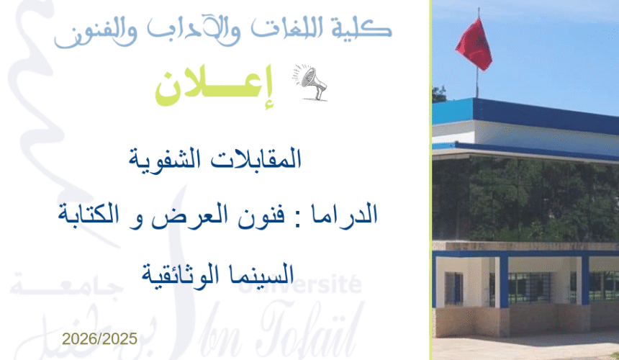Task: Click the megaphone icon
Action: tap(310, 83)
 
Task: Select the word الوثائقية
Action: tap(179, 273)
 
